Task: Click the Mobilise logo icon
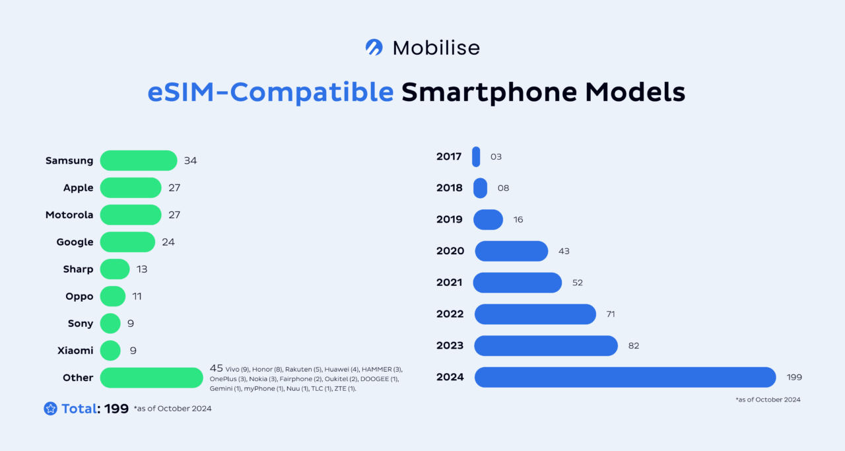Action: pyautogui.click(x=374, y=48)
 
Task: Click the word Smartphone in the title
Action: pyautogui.click(x=488, y=92)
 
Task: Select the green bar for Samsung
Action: pyautogui.click(x=139, y=160)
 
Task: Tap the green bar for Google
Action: pyautogui.click(x=127, y=242)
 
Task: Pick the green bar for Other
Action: pyautogui.click(x=151, y=378)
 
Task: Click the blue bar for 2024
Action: pyautogui.click(x=625, y=377)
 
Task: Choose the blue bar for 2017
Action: pyautogui.click(x=476, y=157)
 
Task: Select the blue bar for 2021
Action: pyautogui.click(x=518, y=283)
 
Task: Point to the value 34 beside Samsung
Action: pyautogui.click(x=191, y=160)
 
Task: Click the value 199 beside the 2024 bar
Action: pyautogui.click(x=794, y=377)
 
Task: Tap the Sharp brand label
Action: pyautogui.click(x=78, y=269)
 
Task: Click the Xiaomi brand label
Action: pyautogui.click(x=75, y=351)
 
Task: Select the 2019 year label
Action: pyautogui.click(x=450, y=219)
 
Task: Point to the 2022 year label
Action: pyautogui.click(x=450, y=314)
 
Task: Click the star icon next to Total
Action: pyautogui.click(x=50, y=409)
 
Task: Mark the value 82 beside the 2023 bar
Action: pyautogui.click(x=634, y=345)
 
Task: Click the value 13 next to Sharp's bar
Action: pyautogui.click(x=142, y=269)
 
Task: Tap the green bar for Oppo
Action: pyautogui.click(x=113, y=296)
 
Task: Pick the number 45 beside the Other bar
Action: pyautogui.click(x=217, y=368)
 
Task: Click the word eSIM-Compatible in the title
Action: pyautogui.click(x=271, y=92)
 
